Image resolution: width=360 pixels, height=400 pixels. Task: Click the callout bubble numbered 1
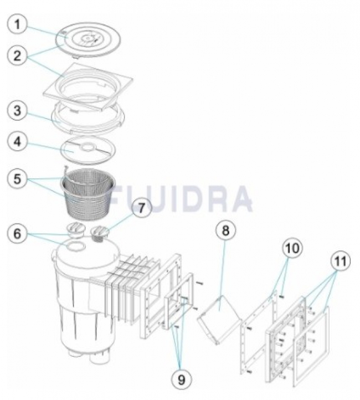[x=17, y=25]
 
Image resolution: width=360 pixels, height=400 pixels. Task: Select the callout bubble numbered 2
[x=17, y=55]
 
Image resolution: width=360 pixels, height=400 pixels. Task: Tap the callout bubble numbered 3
[x=17, y=111]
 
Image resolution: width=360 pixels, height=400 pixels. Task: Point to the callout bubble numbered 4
[x=17, y=142]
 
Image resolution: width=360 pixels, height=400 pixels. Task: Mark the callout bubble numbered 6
[x=17, y=233]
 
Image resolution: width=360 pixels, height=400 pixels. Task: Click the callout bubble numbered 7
[x=141, y=208]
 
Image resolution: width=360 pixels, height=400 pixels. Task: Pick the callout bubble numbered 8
[x=225, y=230]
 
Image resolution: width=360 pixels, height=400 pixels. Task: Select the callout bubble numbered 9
[x=181, y=380]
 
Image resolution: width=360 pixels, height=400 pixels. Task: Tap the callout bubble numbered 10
[x=292, y=248]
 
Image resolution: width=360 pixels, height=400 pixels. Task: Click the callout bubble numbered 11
[x=341, y=261]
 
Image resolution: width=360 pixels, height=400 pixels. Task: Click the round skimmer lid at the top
[x=88, y=39]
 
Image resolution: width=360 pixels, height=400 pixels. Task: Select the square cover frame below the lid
[x=89, y=87]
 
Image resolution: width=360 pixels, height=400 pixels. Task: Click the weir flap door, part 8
[x=219, y=320]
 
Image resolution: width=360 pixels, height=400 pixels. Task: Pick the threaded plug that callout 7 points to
[x=100, y=234]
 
